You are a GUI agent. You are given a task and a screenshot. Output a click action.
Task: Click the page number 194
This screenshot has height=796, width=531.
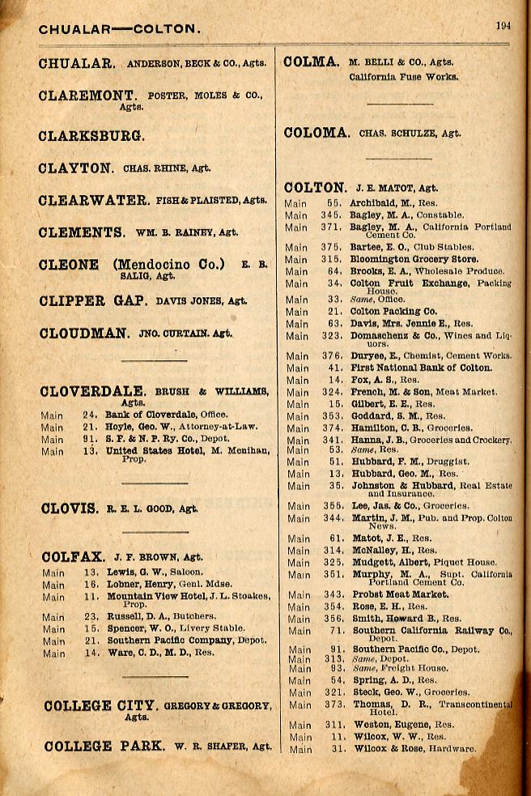503,26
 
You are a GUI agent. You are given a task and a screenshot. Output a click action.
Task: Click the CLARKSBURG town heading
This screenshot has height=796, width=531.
91,136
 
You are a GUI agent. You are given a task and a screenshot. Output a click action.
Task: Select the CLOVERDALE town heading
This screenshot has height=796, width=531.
93,392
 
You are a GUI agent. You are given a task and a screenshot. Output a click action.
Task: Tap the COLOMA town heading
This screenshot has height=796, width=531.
316,134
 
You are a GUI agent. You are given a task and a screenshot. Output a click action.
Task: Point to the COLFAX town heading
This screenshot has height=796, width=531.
73,557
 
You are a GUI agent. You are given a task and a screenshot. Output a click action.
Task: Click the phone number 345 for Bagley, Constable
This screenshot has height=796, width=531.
329,215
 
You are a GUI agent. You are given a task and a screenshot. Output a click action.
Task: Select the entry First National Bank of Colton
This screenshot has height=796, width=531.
421,368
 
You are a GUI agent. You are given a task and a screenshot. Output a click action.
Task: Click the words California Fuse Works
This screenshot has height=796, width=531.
403,78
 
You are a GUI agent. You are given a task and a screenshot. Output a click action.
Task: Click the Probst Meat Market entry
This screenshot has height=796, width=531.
400,594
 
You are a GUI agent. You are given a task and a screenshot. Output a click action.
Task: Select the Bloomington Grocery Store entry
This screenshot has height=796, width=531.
414,259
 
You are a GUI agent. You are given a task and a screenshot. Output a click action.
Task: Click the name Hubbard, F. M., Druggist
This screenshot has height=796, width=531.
398,462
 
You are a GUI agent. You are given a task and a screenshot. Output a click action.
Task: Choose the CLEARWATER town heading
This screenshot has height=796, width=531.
93,201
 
